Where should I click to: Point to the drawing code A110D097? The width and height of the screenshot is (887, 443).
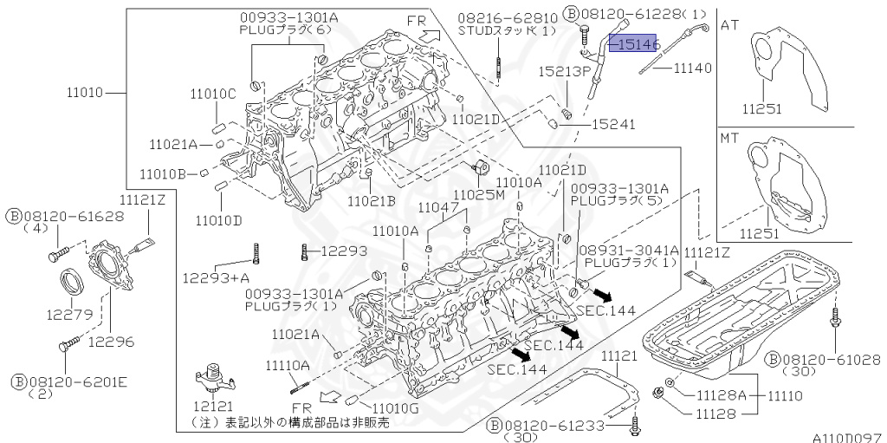845,437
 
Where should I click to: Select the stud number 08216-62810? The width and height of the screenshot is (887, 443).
507,16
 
